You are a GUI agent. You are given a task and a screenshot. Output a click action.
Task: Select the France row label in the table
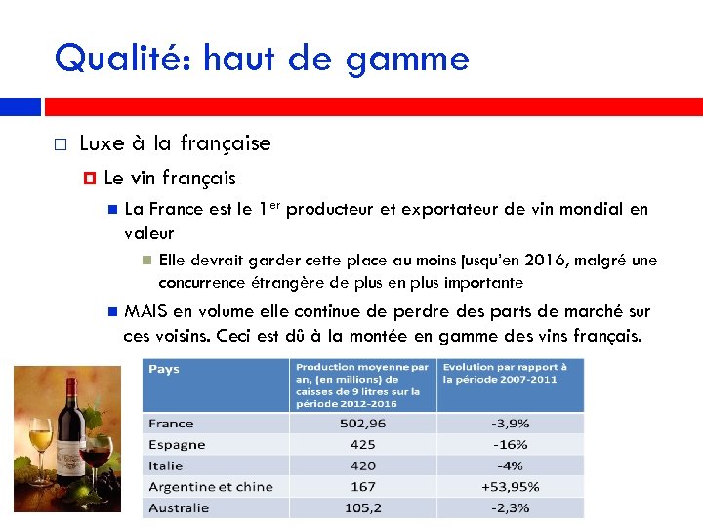coord(172,424)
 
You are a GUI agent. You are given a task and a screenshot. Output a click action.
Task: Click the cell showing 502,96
coord(361,424)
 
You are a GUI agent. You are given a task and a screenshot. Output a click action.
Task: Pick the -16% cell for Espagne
coord(511,444)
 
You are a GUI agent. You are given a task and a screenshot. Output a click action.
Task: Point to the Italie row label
coord(167,466)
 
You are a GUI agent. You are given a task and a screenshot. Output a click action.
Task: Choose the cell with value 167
coord(361,486)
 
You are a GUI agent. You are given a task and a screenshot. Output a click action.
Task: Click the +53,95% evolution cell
coord(511,486)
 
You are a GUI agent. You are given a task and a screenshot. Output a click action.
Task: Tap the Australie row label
coord(180,507)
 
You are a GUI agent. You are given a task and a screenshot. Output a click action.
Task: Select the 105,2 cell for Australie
coord(361,507)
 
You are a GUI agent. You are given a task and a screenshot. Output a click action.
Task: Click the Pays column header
coord(165,370)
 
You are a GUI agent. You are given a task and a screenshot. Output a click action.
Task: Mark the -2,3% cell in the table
coord(511,507)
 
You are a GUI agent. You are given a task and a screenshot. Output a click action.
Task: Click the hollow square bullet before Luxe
coord(61,144)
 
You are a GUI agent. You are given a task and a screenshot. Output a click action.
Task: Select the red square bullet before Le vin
coord(88,179)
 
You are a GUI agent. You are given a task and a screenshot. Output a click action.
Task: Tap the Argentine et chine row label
coord(211,486)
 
